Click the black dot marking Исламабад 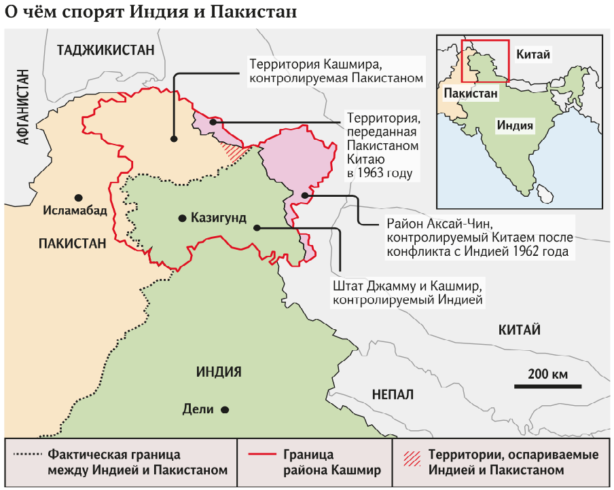78,197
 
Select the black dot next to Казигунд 181,219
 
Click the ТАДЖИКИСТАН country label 107,49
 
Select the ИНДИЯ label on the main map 219,372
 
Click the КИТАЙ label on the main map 519,331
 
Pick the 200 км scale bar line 547,386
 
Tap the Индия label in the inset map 514,126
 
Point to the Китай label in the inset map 533,52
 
